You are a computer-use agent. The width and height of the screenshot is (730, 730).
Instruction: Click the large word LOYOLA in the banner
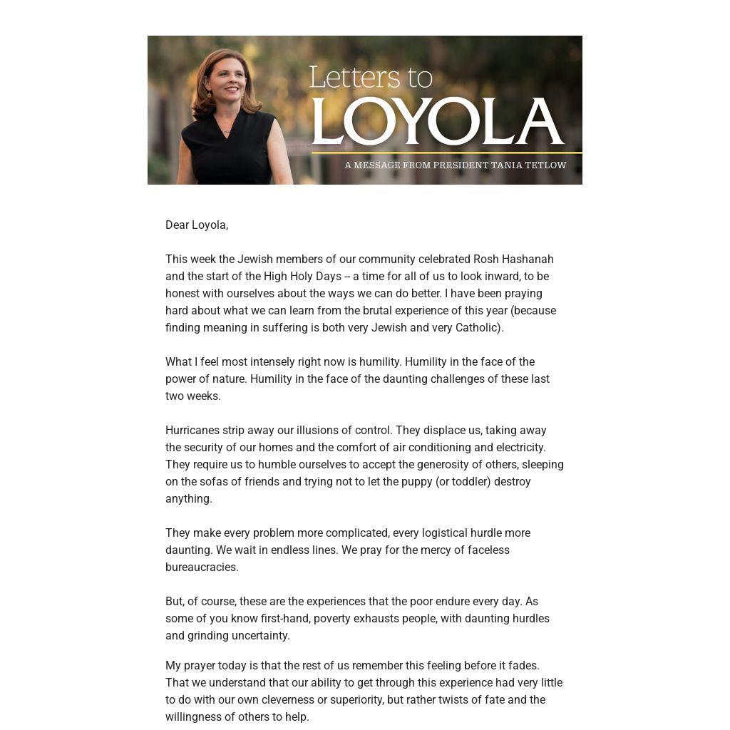(x=437, y=122)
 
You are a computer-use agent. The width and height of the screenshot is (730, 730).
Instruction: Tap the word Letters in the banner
(x=349, y=78)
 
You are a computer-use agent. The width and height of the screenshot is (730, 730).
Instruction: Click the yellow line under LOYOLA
(x=446, y=153)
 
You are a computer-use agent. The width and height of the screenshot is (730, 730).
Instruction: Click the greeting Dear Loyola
(x=197, y=225)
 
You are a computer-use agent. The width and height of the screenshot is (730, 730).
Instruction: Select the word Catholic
(x=477, y=328)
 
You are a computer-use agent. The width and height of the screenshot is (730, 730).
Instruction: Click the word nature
(x=229, y=379)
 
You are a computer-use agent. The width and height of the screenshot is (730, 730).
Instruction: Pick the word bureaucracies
(x=202, y=567)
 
